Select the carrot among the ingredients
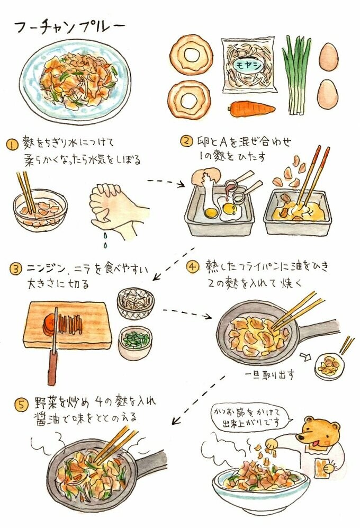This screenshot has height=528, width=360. tap(252, 109)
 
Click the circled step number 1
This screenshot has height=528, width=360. tap(11, 145)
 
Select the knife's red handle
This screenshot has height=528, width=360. tap(52, 368)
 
